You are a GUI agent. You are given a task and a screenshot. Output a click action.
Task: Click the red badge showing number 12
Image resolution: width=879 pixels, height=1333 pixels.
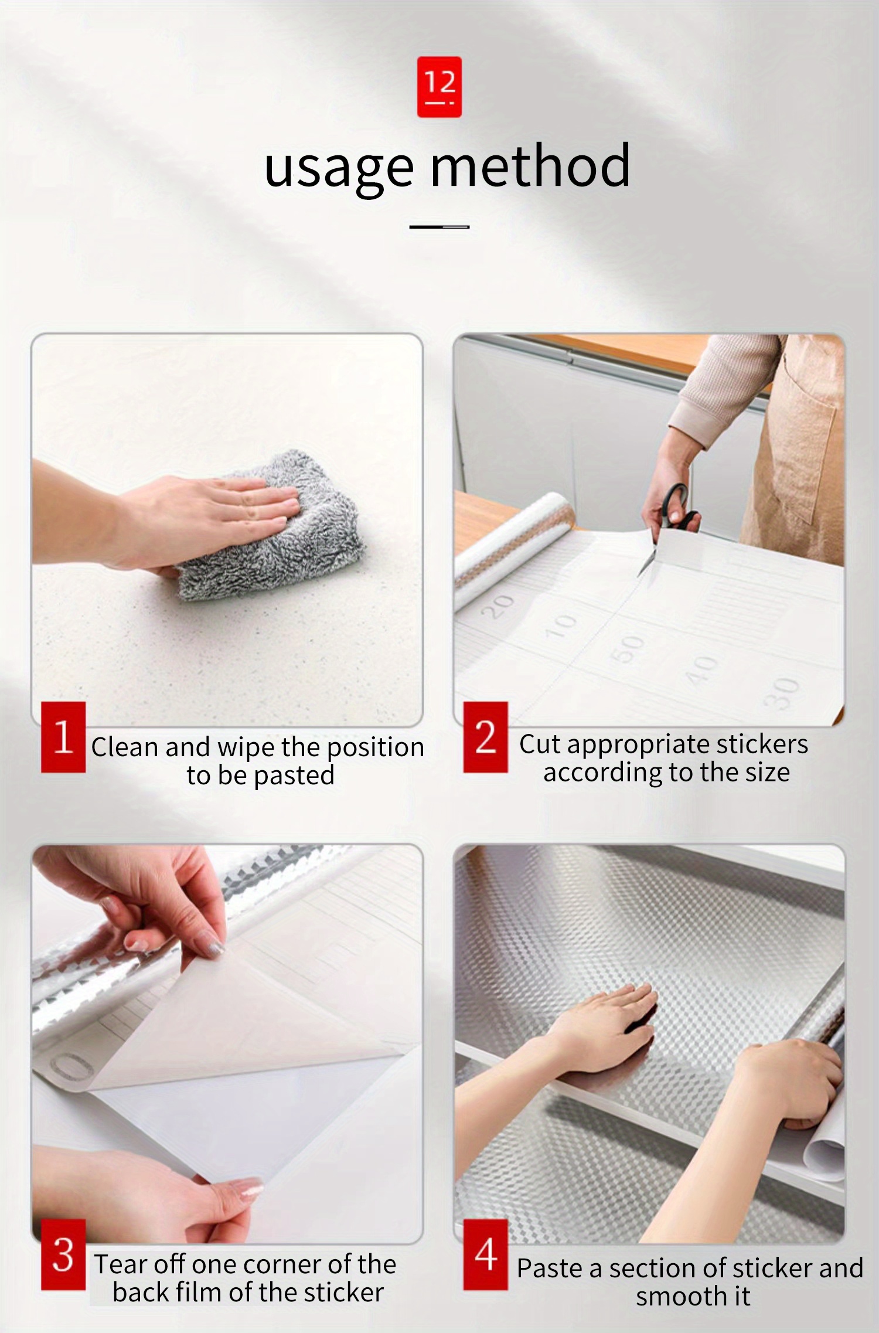point(439,87)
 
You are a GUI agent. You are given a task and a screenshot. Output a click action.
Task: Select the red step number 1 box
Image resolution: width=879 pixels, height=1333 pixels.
point(63,736)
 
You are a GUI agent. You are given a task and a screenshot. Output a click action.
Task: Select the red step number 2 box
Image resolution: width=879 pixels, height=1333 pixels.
point(485,736)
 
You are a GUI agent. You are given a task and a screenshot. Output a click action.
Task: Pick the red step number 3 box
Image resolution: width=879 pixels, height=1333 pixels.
point(63,1254)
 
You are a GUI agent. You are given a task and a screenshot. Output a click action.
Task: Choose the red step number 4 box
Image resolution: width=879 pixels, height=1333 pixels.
point(485,1254)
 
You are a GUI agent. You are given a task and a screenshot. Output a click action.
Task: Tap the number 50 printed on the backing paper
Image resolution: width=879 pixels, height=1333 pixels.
point(627,648)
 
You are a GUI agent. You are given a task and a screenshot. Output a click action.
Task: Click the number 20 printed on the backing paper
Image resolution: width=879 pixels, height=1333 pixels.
point(498,607)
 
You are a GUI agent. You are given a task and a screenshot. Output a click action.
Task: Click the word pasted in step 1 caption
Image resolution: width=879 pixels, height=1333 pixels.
point(294,776)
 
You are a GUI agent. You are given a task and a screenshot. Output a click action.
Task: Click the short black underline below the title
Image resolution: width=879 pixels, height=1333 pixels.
point(439,227)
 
